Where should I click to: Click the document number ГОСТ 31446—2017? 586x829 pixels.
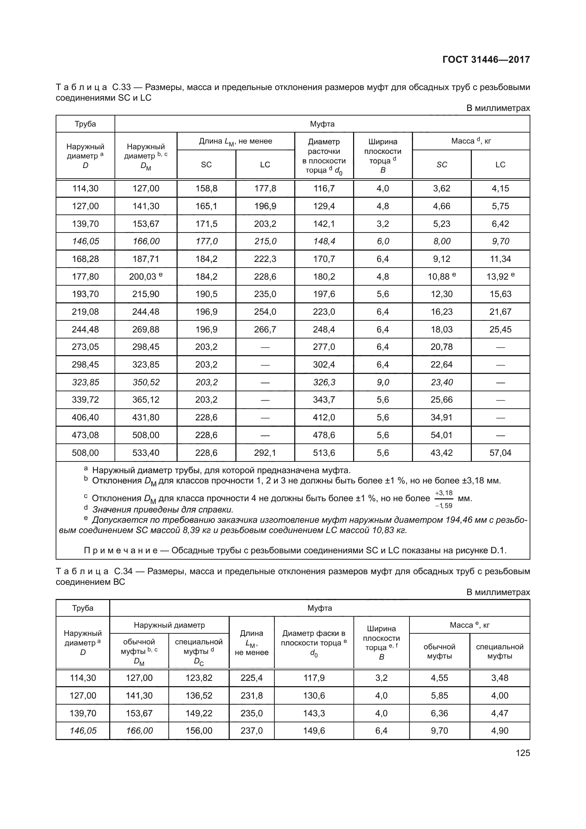click(486, 60)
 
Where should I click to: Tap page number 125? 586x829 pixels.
click(523, 753)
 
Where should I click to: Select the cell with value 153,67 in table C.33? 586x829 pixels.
click(145, 224)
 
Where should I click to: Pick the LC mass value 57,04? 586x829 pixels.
click(500, 453)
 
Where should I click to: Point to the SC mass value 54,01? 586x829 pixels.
click(441, 435)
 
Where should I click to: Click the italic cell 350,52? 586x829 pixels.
click(145, 382)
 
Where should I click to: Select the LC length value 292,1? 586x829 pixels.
click(265, 453)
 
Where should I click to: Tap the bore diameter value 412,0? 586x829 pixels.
click(324, 418)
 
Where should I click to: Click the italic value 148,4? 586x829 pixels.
click(324, 242)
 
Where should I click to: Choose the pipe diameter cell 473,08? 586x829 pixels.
click(85, 435)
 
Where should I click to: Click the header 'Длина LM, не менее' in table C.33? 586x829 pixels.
click(235, 141)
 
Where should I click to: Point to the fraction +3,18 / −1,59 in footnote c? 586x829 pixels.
click(443, 499)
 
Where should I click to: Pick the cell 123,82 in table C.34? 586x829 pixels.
click(199, 678)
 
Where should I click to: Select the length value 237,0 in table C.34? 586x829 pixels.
click(251, 731)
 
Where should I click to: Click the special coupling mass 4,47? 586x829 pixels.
click(500, 713)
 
